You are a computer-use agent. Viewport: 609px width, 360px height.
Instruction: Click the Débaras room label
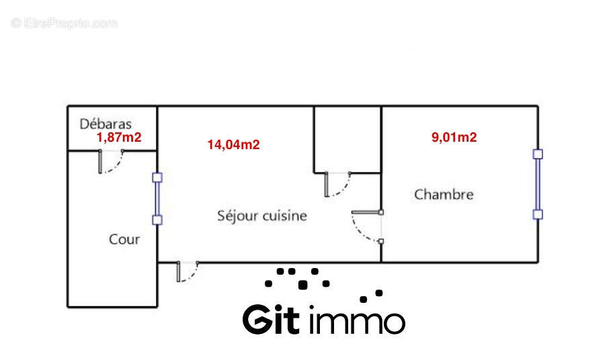tap(106, 124)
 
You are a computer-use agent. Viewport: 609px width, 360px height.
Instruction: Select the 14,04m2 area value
tap(233, 144)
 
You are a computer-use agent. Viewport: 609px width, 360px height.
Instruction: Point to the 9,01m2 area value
tap(454, 138)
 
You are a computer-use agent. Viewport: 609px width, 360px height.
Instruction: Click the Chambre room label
tap(444, 195)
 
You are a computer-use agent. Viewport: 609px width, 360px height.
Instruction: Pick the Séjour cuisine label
tap(262, 216)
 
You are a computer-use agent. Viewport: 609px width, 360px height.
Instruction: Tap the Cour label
tap(124, 239)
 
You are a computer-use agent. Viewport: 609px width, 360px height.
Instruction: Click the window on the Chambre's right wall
tap(537, 184)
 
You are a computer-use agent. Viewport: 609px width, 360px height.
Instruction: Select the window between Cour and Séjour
tap(157, 199)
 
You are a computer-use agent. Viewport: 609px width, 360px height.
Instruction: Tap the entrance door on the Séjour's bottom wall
tap(186, 271)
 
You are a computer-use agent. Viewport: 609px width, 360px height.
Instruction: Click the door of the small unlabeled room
tap(335, 184)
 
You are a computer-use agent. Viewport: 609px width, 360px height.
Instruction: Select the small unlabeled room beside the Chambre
tap(347, 139)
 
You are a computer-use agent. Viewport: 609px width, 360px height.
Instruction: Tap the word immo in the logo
tap(357, 320)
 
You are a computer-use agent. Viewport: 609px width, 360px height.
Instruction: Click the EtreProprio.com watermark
tap(65, 23)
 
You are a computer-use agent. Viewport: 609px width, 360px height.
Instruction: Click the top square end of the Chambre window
tap(537, 154)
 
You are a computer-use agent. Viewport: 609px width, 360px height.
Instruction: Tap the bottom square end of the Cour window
tap(157, 220)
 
